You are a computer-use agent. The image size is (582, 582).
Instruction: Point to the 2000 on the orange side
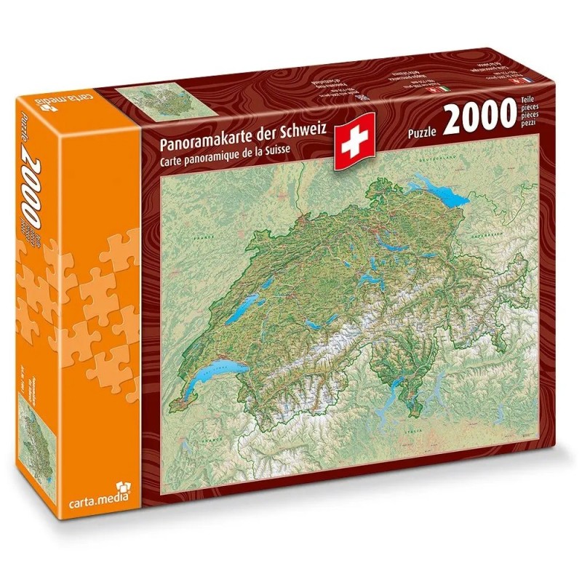(44, 175)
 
